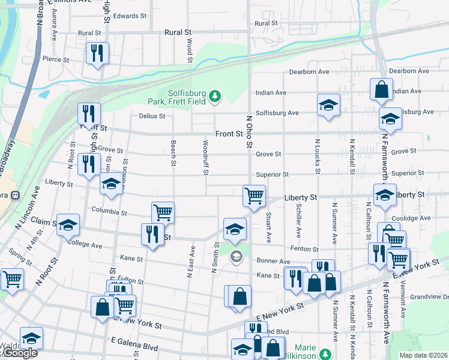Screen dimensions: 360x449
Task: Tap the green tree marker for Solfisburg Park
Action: tap(215, 95)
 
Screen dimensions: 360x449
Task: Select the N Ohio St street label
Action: tap(250, 131)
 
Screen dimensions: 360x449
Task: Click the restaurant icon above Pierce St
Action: tap(96, 53)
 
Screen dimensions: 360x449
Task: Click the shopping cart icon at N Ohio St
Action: tap(254, 195)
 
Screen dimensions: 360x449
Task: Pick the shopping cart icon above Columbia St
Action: tap(163, 212)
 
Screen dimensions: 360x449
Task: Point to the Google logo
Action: tap(20, 353)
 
